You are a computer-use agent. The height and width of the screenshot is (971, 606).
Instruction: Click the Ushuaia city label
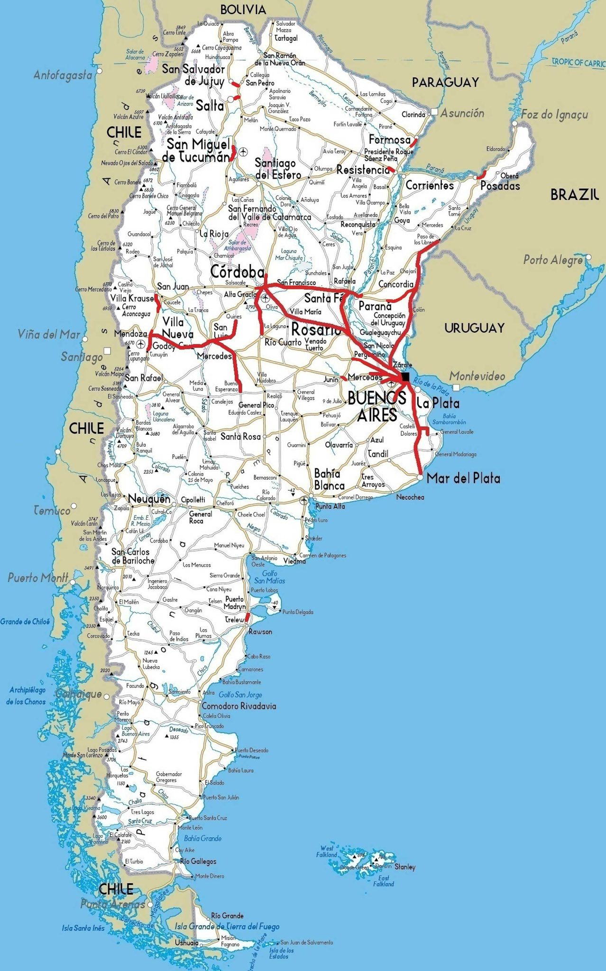(186, 943)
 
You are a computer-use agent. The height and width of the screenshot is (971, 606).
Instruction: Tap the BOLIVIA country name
(243, 9)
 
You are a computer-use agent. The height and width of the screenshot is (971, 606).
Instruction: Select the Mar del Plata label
(463, 478)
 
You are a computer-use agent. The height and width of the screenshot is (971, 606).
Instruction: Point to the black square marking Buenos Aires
(405, 377)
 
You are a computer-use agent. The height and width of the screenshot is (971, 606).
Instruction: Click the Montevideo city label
(477, 376)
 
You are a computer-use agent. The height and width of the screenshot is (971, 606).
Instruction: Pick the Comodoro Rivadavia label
(239, 706)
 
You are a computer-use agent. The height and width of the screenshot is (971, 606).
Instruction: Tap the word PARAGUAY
(445, 82)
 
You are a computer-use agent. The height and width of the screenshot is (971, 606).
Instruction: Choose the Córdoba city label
(237, 272)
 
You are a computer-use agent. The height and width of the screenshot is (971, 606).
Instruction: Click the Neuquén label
(149, 499)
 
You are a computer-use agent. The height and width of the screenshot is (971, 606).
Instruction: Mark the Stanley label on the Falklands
(404, 867)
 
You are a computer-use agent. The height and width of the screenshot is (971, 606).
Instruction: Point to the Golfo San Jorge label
(240, 695)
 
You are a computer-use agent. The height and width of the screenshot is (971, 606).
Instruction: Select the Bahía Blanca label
(329, 479)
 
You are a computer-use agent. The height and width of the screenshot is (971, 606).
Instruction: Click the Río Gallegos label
(198, 861)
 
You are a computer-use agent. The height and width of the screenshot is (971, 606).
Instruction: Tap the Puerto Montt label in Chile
(38, 577)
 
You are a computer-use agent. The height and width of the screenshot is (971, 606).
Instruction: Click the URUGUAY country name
(474, 328)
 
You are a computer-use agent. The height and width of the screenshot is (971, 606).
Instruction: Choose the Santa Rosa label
(240, 436)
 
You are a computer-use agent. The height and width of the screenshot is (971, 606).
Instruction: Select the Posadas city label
(500, 186)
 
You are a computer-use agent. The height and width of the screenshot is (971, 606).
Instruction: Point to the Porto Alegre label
(553, 260)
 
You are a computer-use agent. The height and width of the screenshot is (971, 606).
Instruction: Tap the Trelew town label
(234, 620)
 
